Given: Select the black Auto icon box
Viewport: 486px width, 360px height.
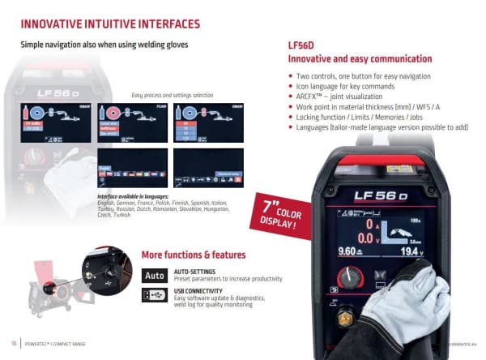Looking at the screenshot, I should coord(155,275).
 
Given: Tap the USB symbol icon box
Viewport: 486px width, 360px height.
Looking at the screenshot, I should coord(155,296).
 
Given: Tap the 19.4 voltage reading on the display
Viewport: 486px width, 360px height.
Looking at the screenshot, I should coord(411,252).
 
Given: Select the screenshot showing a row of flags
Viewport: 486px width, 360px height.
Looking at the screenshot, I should coord(131,168).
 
